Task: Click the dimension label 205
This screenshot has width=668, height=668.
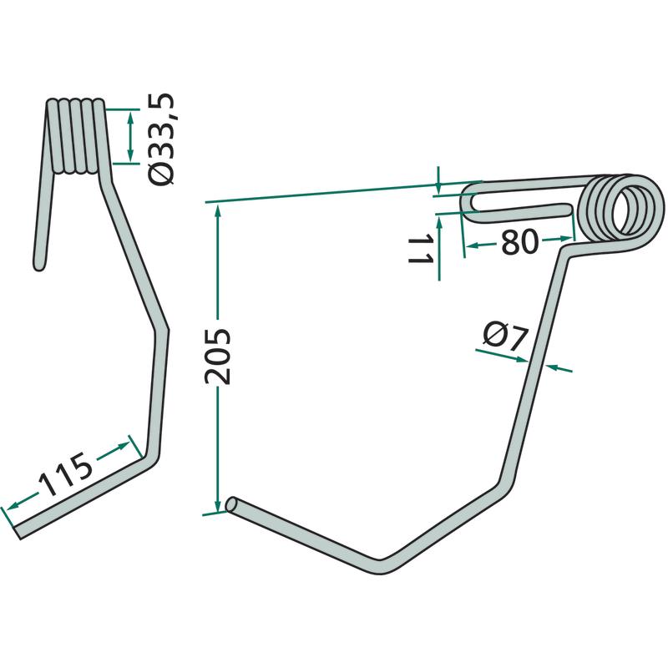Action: (218, 357)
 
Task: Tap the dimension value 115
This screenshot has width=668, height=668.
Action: (66, 475)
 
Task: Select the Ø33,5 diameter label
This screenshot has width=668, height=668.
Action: (161, 139)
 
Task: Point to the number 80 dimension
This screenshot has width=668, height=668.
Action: (519, 242)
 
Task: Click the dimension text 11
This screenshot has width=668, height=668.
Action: (421, 249)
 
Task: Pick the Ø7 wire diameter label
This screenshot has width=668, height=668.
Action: (505, 336)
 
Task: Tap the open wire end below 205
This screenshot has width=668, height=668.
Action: (232, 505)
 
